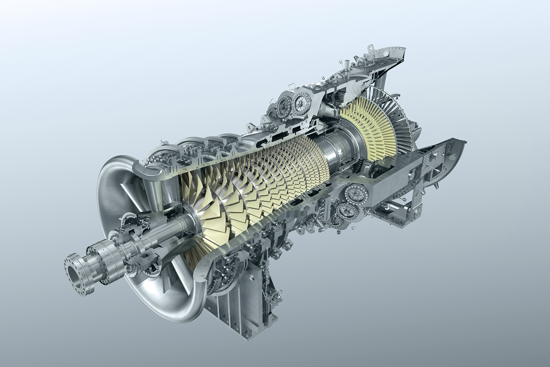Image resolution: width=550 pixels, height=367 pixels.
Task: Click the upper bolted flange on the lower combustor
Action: click(x=353, y=192)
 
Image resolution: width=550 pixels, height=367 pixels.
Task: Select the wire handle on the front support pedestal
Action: click(x=279, y=294)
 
